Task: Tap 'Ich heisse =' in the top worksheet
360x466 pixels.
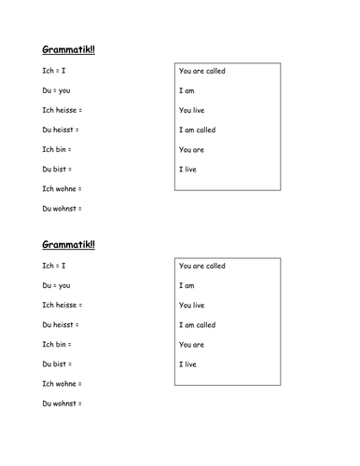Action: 62,110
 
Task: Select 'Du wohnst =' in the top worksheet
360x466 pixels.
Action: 62,208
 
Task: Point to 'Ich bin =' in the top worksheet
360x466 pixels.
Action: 57,149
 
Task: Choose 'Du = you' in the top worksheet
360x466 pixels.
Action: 56,90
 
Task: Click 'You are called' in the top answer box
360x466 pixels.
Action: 201,71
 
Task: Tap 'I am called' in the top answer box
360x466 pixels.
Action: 197,130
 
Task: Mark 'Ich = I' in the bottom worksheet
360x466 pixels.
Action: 55,267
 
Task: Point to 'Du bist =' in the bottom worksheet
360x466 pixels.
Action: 57,363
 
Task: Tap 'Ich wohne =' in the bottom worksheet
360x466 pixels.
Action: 62,383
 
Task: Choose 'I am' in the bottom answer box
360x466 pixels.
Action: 187,286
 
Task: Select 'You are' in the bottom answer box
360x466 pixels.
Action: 191,345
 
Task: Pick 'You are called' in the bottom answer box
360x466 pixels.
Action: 201,267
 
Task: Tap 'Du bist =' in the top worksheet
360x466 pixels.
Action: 57,169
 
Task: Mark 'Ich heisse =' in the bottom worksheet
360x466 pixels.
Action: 62,306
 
